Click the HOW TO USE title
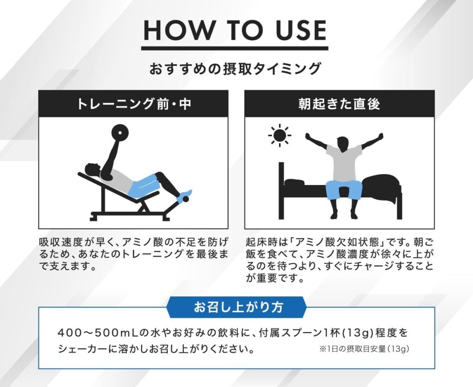pyautogui.click(x=235, y=30)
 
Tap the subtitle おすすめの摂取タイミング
pyautogui.click(x=235, y=68)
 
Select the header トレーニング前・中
pyautogui.click(x=133, y=104)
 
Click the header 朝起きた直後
pyautogui.click(x=340, y=104)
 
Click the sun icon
pyautogui.click(x=279, y=135)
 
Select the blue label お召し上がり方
pyautogui.click(x=236, y=307)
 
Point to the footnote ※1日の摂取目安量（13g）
pyautogui.click(x=364, y=349)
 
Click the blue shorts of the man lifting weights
pyautogui.click(x=143, y=185)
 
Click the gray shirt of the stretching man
pyautogui.click(x=344, y=163)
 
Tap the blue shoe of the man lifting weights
pyautogui.click(x=184, y=197)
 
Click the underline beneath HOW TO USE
pyautogui.click(x=235, y=48)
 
